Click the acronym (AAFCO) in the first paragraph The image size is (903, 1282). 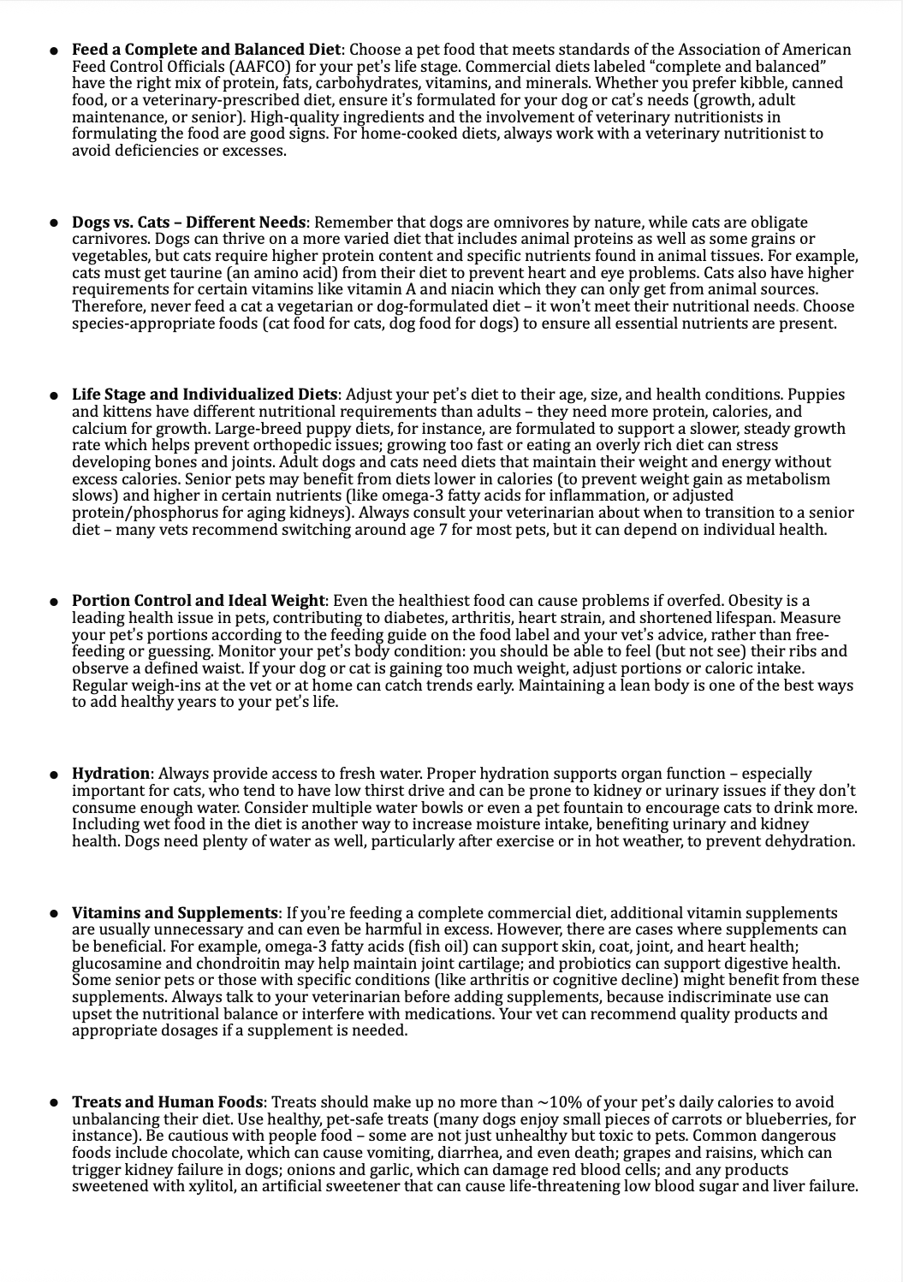[x=230, y=66]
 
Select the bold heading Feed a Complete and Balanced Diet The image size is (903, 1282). [x=206, y=50]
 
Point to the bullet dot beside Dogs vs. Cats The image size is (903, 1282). [x=53, y=223]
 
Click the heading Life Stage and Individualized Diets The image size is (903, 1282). [x=205, y=395]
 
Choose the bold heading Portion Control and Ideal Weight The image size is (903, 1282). [x=199, y=601]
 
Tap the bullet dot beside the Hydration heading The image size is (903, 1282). [x=53, y=774]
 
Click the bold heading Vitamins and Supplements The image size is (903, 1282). [x=175, y=913]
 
